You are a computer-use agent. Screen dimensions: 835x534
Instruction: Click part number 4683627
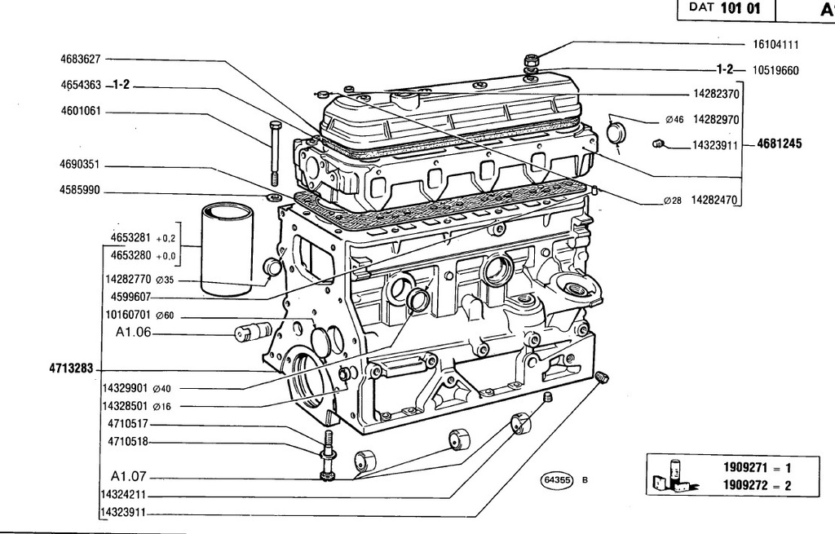click(x=80, y=59)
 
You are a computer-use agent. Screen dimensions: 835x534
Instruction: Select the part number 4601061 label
click(x=81, y=111)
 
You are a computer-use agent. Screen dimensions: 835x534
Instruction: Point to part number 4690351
click(x=79, y=165)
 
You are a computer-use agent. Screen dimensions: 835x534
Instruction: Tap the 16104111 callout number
click(x=775, y=45)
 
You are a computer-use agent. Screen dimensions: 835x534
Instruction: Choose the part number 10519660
click(x=775, y=70)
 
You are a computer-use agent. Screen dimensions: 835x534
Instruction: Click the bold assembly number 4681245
click(x=779, y=143)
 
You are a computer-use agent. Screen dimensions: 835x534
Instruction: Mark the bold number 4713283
click(x=72, y=368)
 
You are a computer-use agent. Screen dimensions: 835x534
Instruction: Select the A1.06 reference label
click(x=133, y=332)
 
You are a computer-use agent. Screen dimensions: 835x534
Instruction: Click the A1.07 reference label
click(x=128, y=475)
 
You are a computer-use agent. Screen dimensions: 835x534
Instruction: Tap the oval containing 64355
click(x=556, y=480)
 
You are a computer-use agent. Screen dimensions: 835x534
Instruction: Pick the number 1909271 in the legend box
click(x=745, y=467)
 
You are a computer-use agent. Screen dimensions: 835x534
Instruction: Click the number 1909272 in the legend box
click(x=745, y=485)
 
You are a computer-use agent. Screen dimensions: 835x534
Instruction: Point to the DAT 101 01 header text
click(x=724, y=7)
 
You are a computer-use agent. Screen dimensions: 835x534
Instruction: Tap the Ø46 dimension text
click(x=674, y=120)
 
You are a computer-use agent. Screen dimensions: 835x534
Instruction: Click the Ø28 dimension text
click(x=673, y=201)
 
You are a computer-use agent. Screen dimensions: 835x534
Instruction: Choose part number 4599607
click(x=131, y=297)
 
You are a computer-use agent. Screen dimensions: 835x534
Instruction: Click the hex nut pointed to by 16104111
click(x=531, y=59)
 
